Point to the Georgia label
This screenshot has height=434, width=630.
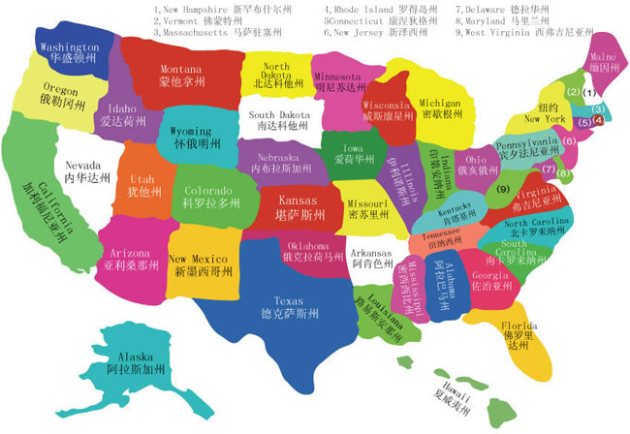pos(490,281)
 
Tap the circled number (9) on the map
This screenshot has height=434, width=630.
pos(502,188)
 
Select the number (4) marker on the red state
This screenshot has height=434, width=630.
pos(599,120)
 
